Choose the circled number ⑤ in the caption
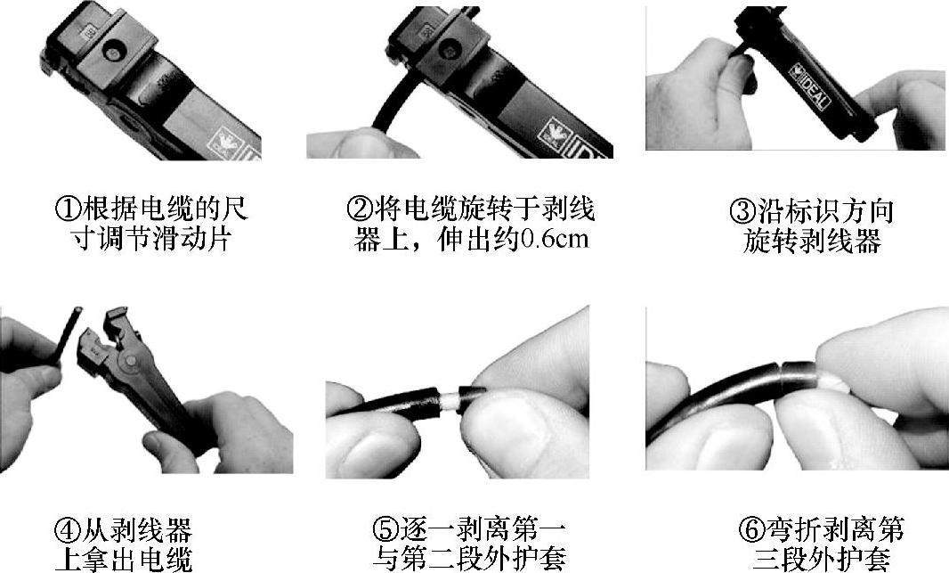385,530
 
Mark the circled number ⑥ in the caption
751,530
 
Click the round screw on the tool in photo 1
112,52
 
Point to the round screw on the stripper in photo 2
449,50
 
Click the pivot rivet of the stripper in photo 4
129,362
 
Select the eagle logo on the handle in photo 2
555,135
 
